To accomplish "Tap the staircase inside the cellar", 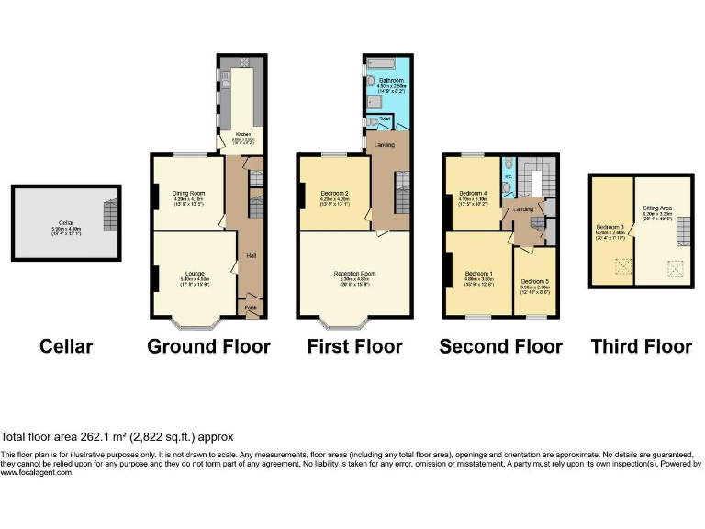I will pyautogui.click(x=111, y=215).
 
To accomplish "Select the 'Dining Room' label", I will pyautogui.click(x=187, y=193).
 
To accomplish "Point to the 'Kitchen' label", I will pyautogui.click(x=242, y=134).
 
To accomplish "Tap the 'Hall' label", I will pyautogui.click(x=250, y=256).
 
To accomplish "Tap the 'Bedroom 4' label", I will pyautogui.click(x=474, y=193).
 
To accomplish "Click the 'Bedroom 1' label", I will pyautogui.click(x=478, y=274).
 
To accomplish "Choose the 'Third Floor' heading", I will pyautogui.click(x=641, y=347).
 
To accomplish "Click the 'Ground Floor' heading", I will pyautogui.click(x=209, y=347).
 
